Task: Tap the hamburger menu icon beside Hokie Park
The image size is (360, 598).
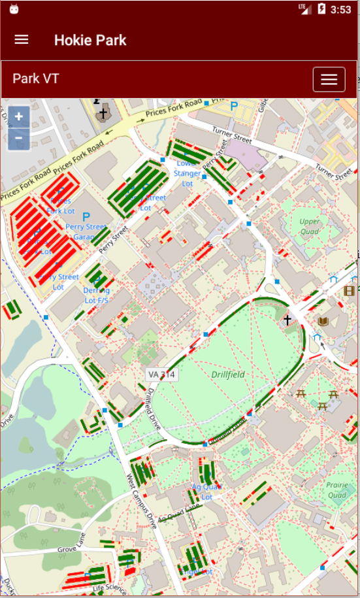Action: tap(22, 40)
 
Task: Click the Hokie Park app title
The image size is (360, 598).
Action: tap(90, 40)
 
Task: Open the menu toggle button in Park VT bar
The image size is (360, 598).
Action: tap(329, 79)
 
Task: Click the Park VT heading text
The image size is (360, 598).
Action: tap(36, 79)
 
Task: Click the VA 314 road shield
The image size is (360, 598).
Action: tap(162, 374)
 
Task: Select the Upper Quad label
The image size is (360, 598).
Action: tap(310, 225)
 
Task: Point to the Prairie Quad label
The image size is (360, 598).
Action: tap(337, 490)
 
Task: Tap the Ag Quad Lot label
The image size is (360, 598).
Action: tap(206, 491)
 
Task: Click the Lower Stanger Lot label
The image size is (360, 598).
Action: tap(188, 173)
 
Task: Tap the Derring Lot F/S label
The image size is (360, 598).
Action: tap(96, 295)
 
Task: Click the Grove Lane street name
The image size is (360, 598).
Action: tap(72, 542)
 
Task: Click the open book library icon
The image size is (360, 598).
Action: tap(322, 321)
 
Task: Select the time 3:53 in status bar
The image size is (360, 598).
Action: tap(340, 9)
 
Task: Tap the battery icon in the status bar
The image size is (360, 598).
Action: tap(321, 9)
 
